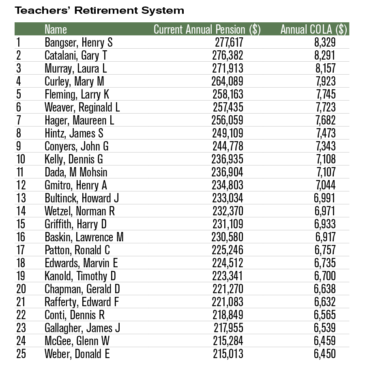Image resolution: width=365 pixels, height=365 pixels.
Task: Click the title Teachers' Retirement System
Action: [x=99, y=11]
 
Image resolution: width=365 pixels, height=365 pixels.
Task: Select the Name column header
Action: [x=56, y=30]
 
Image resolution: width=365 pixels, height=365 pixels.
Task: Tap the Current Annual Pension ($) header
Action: [x=207, y=30]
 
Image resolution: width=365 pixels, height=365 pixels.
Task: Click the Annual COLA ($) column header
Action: [x=314, y=30]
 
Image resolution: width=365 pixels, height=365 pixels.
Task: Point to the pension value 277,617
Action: [x=228, y=43]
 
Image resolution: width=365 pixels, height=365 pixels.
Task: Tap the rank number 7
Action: [x=19, y=120]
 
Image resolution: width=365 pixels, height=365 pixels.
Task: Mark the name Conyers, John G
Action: [x=77, y=146]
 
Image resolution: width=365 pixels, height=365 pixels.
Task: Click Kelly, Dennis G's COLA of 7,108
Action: [x=324, y=159]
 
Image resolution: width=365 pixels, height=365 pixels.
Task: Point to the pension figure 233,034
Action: [x=228, y=198]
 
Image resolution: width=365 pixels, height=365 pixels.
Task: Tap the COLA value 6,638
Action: [x=324, y=289]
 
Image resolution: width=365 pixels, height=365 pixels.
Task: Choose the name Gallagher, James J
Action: [x=82, y=328]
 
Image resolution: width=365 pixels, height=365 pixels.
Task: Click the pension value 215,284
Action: [x=228, y=341]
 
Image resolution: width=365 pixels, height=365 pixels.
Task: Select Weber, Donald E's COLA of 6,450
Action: [x=324, y=354]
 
